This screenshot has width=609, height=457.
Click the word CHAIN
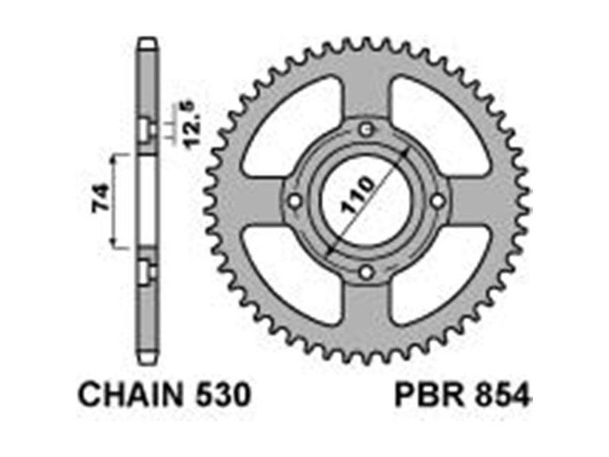(x=131, y=395)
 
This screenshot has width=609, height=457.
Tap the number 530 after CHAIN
(x=222, y=395)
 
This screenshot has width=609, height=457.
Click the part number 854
(x=502, y=395)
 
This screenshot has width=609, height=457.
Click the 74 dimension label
(x=100, y=199)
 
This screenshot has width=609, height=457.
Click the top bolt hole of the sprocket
(x=366, y=129)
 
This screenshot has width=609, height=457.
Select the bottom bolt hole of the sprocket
(x=366, y=272)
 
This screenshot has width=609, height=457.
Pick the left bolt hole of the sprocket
(x=295, y=201)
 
